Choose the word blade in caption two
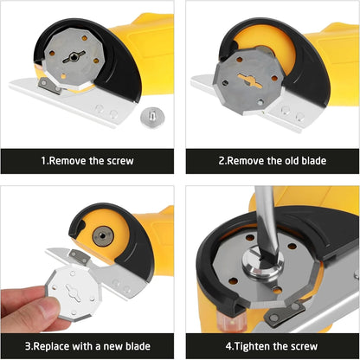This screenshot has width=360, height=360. [316, 160]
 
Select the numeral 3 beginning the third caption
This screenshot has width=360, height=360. [29, 346]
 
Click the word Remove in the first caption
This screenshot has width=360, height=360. [61, 160]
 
